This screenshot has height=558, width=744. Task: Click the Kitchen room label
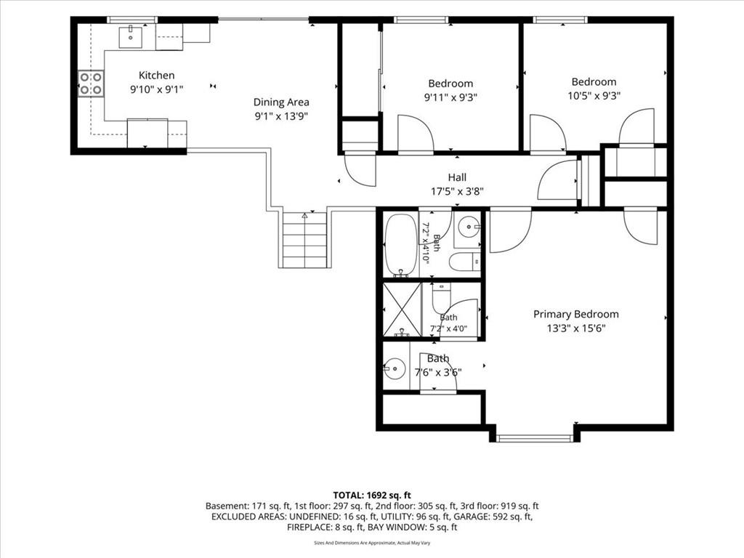tap(157, 75)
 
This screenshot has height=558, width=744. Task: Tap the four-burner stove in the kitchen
tap(91, 84)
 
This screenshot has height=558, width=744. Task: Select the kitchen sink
tap(130, 38)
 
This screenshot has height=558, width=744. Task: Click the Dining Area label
tap(281, 102)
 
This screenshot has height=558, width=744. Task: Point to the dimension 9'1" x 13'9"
tap(281, 116)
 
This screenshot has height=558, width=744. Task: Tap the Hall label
tap(457, 177)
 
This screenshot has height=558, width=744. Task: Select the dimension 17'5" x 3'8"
tap(457, 192)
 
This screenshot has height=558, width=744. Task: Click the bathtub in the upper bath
tap(401, 245)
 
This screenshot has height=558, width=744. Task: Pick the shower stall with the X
tap(402, 310)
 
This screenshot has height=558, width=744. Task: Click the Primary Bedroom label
tap(576, 314)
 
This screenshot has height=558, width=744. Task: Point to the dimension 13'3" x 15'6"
tap(576, 328)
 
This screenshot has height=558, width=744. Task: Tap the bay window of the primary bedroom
tap(535, 437)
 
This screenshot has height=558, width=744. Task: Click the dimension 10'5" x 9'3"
tap(594, 96)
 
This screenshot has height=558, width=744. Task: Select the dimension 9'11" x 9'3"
tap(450, 98)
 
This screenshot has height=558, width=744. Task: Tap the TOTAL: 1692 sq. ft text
tap(372, 496)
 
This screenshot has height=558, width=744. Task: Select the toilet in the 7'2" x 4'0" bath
tap(442, 296)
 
